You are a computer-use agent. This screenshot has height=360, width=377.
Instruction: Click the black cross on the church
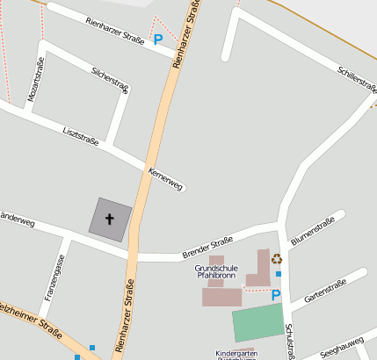111,219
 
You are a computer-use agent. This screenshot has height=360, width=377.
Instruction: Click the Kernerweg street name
165,178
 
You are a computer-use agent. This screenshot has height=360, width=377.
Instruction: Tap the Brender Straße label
207,247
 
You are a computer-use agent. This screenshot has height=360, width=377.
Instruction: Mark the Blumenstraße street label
314,227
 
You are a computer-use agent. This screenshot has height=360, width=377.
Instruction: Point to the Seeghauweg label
342,346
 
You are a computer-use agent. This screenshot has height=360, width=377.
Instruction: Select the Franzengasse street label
54,274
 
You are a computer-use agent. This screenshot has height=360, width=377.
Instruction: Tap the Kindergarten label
236,352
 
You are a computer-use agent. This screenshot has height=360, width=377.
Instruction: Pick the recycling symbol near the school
277,258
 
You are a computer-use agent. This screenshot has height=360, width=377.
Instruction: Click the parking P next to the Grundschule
275,296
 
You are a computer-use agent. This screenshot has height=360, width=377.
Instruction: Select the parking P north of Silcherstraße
158,40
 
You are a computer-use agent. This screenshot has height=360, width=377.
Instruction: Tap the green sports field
258,323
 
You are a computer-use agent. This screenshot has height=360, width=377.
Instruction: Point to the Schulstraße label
289,342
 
